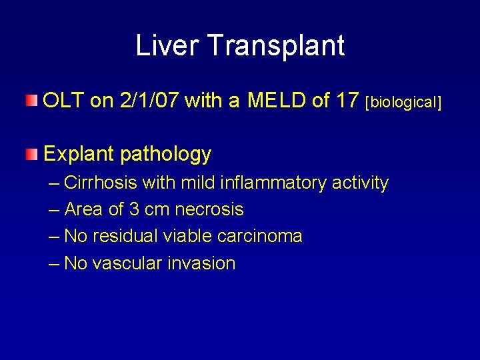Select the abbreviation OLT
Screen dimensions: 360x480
(64, 101)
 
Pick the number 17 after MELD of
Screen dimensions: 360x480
(348, 101)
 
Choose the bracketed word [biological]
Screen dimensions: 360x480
(404, 102)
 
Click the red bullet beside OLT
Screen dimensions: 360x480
(32, 101)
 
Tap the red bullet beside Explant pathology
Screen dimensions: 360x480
(32, 155)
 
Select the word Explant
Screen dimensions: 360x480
(80, 155)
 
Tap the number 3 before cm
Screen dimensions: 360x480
(133, 209)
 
